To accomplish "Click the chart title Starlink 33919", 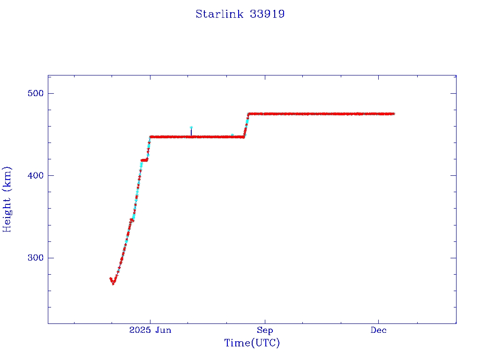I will tap(240, 14).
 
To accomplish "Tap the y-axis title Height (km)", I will tap(7, 199).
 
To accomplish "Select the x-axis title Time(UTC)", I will tap(252, 343).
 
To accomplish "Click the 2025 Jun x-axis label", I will tap(150, 330).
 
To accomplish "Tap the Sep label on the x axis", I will tap(265, 330).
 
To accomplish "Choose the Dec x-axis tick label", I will tap(379, 330).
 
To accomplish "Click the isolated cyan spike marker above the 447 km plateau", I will tap(191, 127).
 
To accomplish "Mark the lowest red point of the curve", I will tap(113, 284).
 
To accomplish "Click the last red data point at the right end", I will tap(394, 113).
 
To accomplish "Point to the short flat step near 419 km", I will tap(144, 160).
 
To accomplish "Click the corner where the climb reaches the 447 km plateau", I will tap(150, 137).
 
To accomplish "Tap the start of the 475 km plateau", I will tap(249, 113).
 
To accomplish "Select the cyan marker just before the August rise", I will tap(232, 135).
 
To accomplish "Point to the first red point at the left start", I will tap(111, 278).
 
